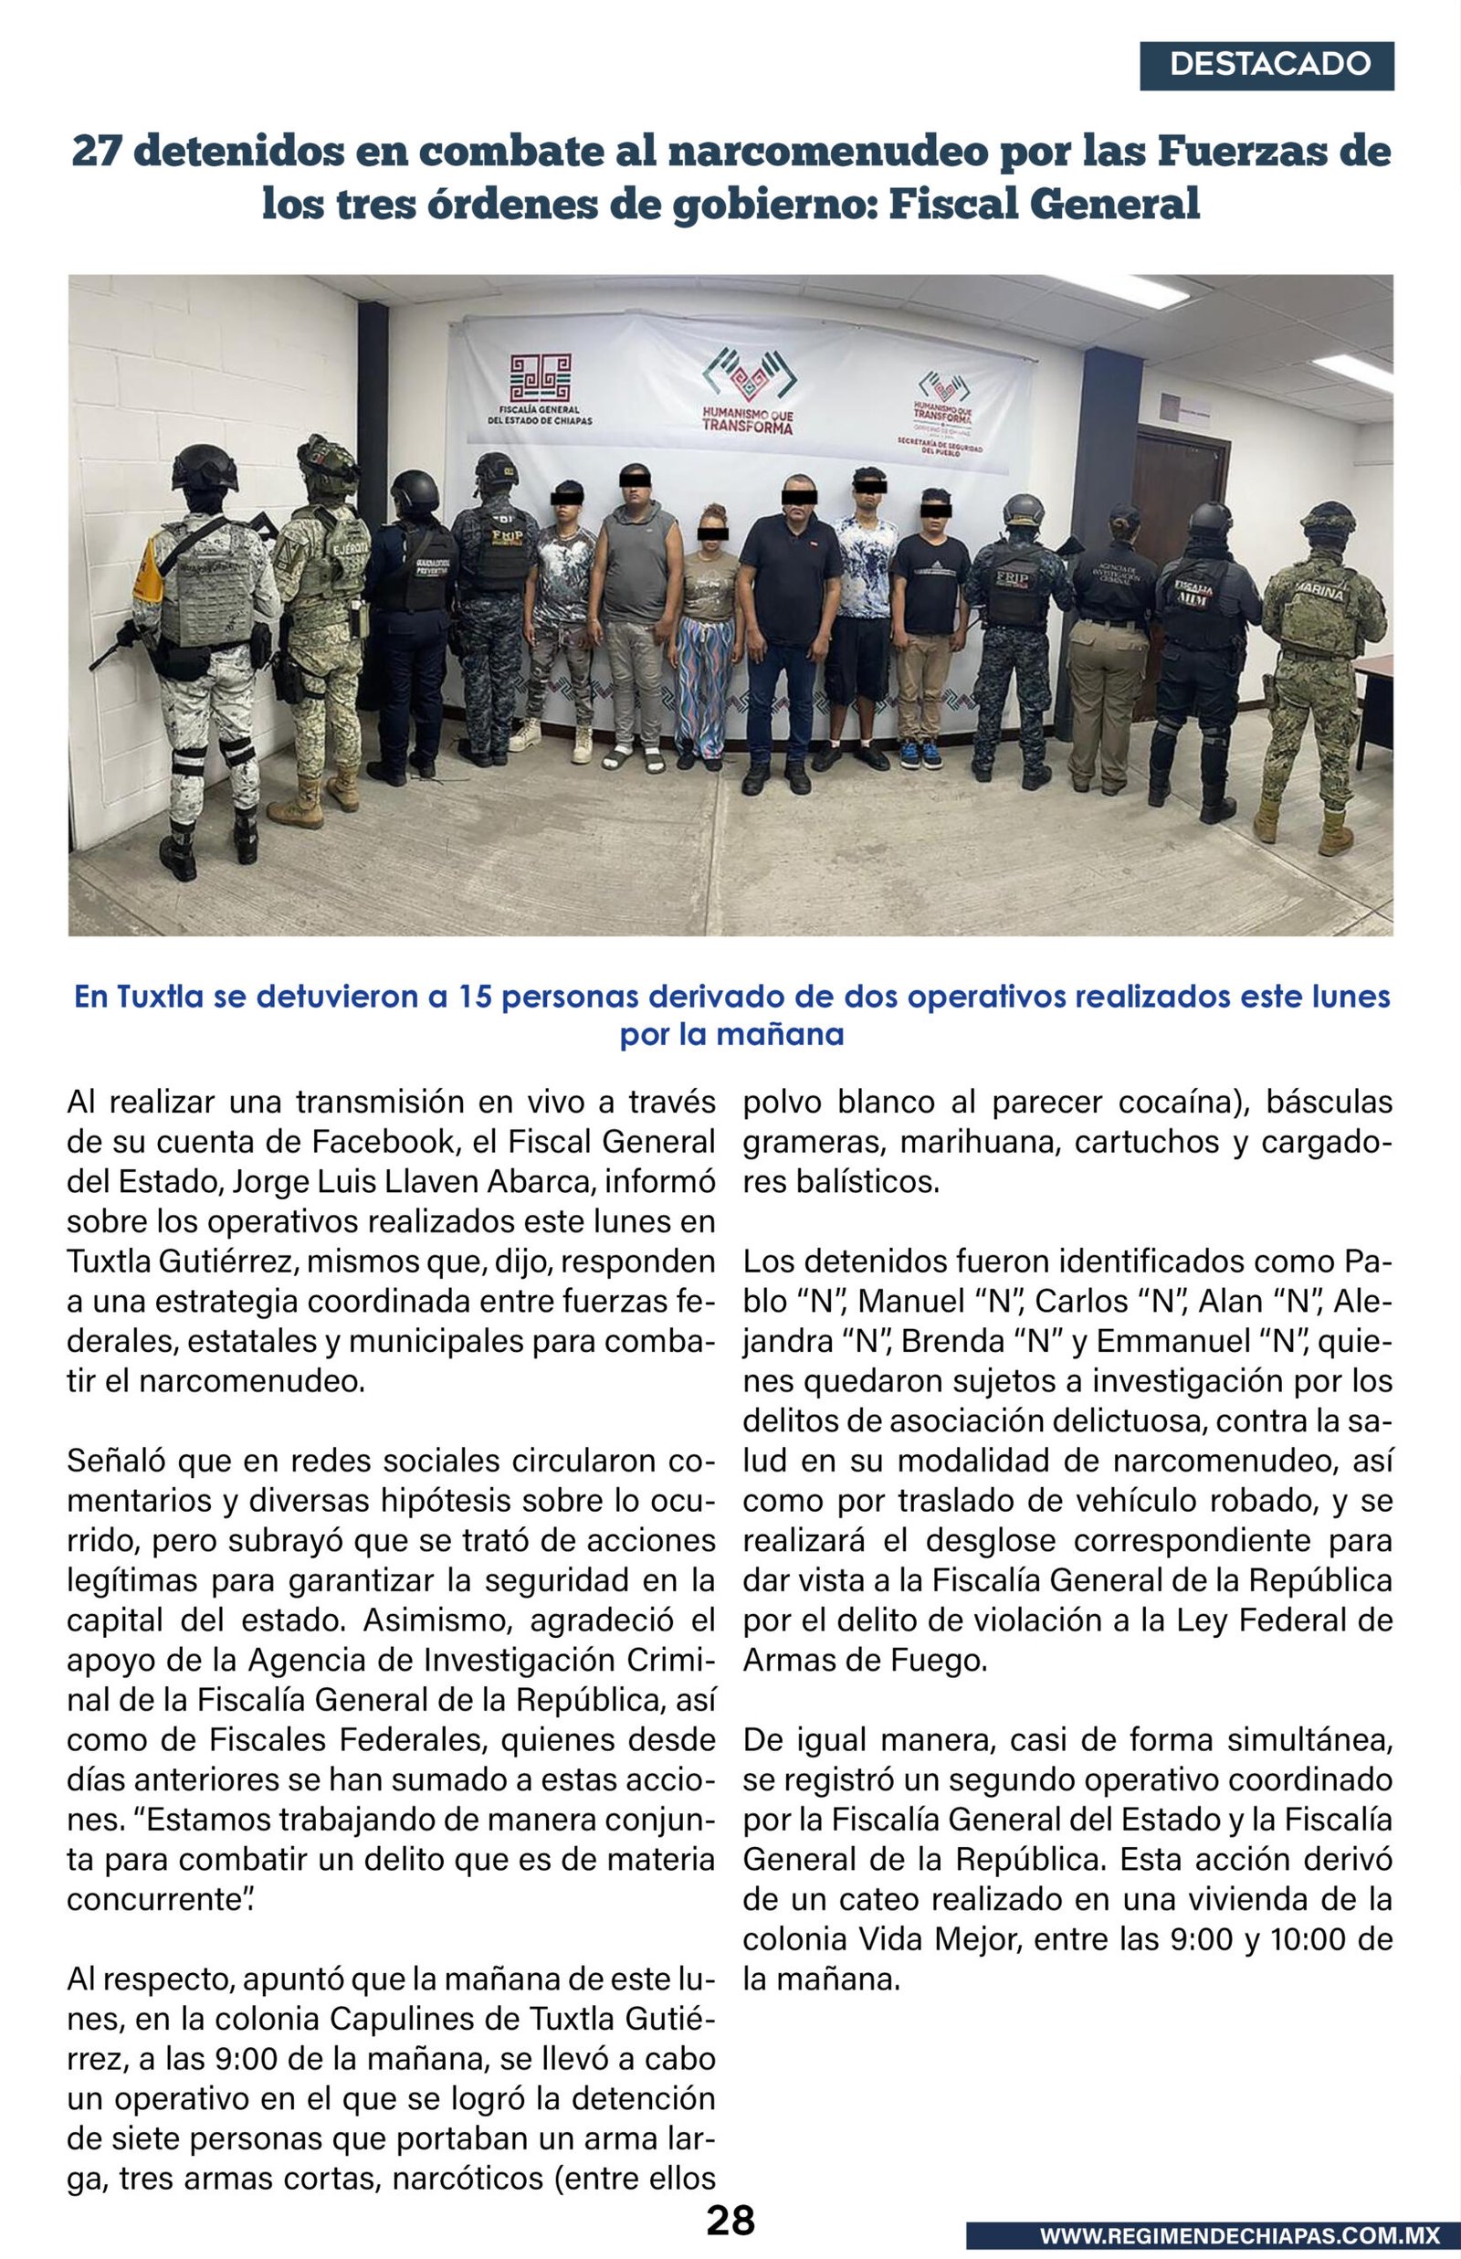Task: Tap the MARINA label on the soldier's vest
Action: click(1319, 591)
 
